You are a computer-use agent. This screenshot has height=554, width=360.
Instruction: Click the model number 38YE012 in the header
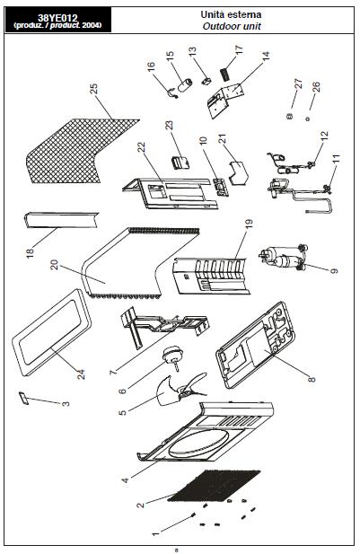[57, 18]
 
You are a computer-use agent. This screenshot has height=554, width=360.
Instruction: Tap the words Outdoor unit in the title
[232, 27]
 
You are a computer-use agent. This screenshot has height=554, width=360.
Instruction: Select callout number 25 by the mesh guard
[93, 89]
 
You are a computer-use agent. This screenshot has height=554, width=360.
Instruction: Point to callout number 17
[239, 49]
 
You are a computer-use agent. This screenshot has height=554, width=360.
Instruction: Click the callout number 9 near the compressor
[334, 270]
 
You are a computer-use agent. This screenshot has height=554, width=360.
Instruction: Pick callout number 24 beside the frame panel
[82, 374]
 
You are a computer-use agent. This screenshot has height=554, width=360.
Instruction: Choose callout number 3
[66, 403]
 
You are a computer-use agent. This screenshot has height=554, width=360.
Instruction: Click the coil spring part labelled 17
[224, 74]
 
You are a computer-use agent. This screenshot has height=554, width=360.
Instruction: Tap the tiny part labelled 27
[289, 116]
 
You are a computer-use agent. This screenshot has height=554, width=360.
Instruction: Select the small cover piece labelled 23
[180, 163]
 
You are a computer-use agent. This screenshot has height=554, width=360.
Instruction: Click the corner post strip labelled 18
[61, 220]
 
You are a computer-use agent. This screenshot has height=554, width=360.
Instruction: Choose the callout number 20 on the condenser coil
[54, 265]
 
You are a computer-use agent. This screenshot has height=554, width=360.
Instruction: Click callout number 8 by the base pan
[312, 379]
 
